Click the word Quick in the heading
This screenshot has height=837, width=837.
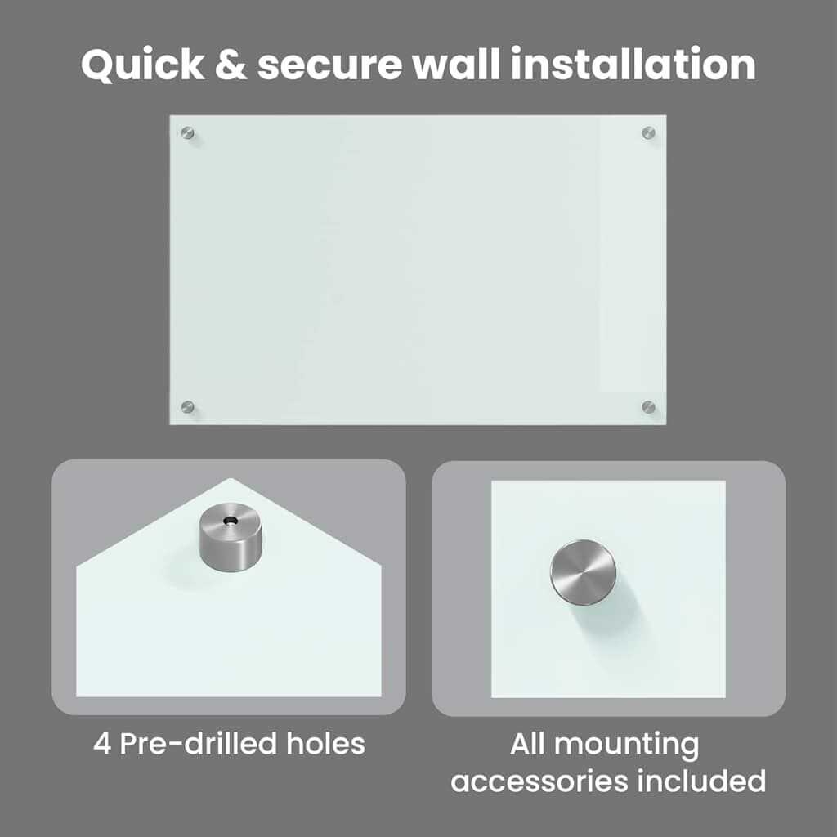(x=142, y=65)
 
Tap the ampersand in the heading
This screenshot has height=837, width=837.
(x=231, y=65)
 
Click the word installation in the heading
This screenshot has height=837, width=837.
(x=633, y=64)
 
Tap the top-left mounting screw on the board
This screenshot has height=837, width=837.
(x=187, y=132)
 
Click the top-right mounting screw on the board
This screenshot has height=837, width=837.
(x=648, y=132)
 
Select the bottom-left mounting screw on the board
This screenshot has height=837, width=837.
(x=187, y=407)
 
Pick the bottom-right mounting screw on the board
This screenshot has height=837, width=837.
(x=648, y=407)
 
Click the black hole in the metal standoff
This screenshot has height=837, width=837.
(x=231, y=520)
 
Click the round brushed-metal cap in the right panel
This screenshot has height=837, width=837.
(x=583, y=572)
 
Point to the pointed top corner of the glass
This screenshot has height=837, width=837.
(x=231, y=478)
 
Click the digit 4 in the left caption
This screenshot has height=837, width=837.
(x=101, y=744)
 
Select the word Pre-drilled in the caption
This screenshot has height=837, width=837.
(x=198, y=743)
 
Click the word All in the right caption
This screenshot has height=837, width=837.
(x=527, y=744)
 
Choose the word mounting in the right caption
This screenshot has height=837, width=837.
(x=627, y=746)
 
